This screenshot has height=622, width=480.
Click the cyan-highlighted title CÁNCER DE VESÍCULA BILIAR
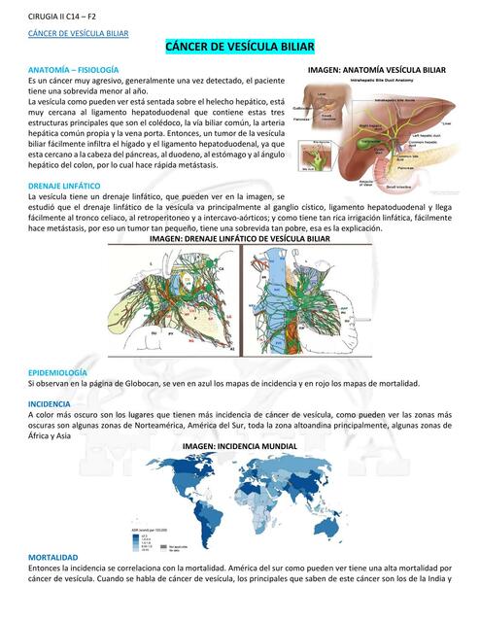pyautogui.click(x=239, y=47)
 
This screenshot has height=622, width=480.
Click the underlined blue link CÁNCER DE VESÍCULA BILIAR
pyautogui.click(x=77, y=33)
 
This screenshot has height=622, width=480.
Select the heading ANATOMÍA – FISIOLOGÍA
pyautogui.click(x=74, y=70)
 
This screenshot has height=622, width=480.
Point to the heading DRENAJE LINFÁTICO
pyautogui.click(x=64, y=184)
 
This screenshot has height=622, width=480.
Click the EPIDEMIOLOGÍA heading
pyautogui.click(x=58, y=372)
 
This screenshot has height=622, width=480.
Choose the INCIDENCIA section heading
pyautogui.click(x=49, y=402)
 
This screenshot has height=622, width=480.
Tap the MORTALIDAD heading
pyautogui.click(x=52, y=557)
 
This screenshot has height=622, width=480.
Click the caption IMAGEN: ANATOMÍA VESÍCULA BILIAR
pyautogui.click(x=376, y=70)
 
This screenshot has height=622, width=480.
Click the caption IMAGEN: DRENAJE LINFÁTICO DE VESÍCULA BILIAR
pyautogui.click(x=239, y=238)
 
